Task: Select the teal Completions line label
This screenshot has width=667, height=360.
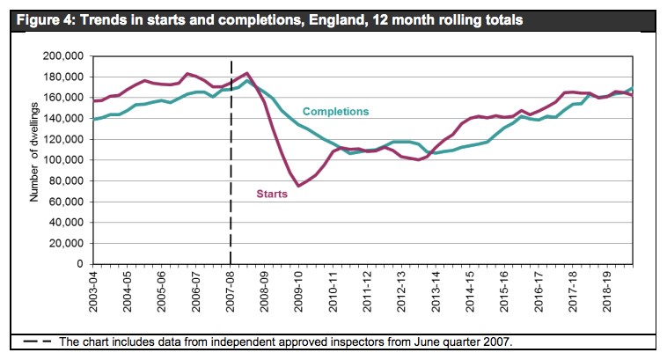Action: pos(335,112)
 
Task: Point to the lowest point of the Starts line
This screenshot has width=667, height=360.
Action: pos(298,186)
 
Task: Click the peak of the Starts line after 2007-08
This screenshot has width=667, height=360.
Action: pos(247,73)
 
